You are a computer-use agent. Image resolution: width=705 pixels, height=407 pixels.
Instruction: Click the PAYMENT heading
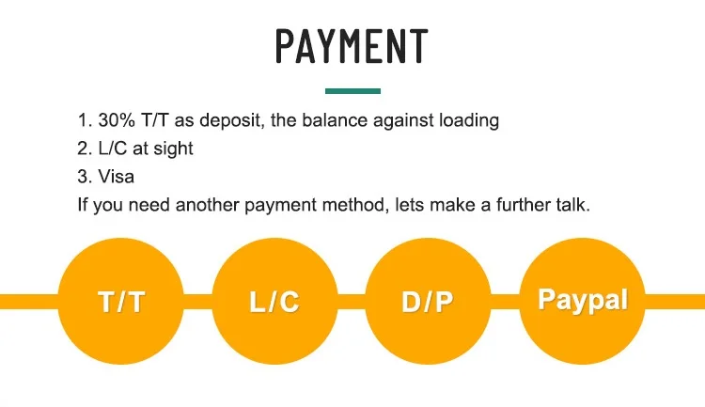pos(352,46)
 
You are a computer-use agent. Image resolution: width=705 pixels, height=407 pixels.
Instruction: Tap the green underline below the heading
pos(352,91)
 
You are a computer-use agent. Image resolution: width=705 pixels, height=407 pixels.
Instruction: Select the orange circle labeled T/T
pos(121,301)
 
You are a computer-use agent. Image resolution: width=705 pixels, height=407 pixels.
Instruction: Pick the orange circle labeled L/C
pos(274,301)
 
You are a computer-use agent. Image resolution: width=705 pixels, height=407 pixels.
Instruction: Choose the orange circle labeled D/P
pos(428,301)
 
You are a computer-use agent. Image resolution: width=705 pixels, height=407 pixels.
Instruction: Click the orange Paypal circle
pos(582,301)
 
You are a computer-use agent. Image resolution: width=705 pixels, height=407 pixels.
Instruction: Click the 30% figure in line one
pos(112,121)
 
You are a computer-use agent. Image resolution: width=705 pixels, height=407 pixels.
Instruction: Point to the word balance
pos(334,121)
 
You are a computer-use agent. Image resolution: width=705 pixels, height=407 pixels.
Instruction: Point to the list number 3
pos(83,177)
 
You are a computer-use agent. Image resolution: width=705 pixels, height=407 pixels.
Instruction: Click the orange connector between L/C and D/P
pos(352,301)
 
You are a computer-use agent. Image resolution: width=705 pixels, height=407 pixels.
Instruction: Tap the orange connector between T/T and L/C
pos(198,301)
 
